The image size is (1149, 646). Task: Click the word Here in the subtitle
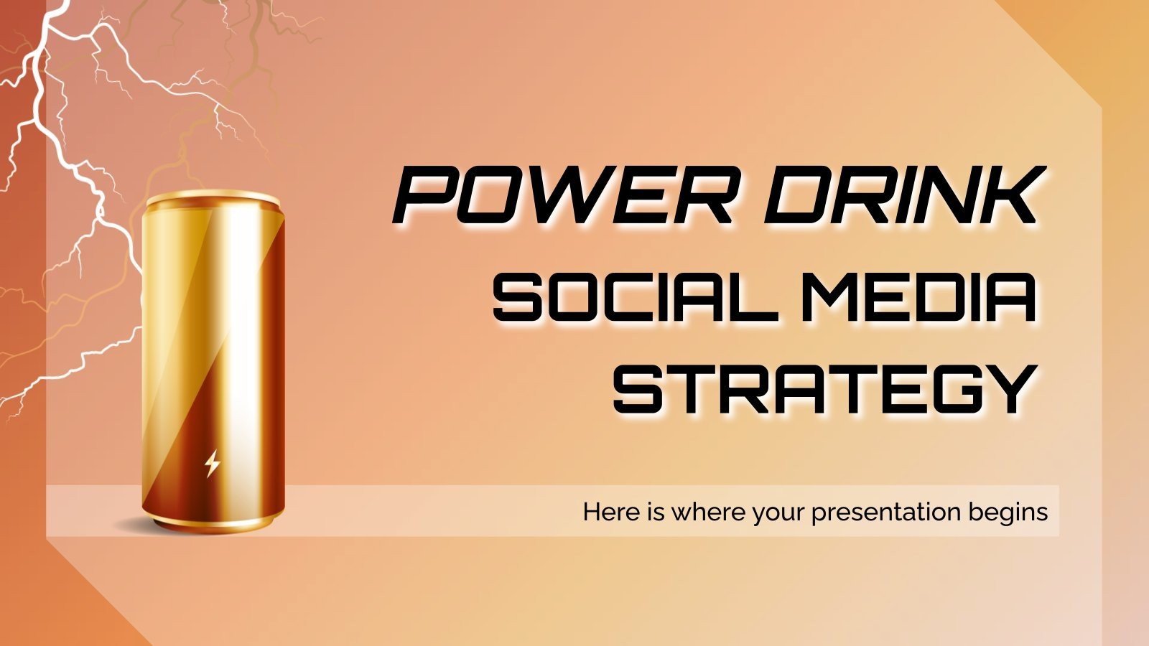coord(608,512)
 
